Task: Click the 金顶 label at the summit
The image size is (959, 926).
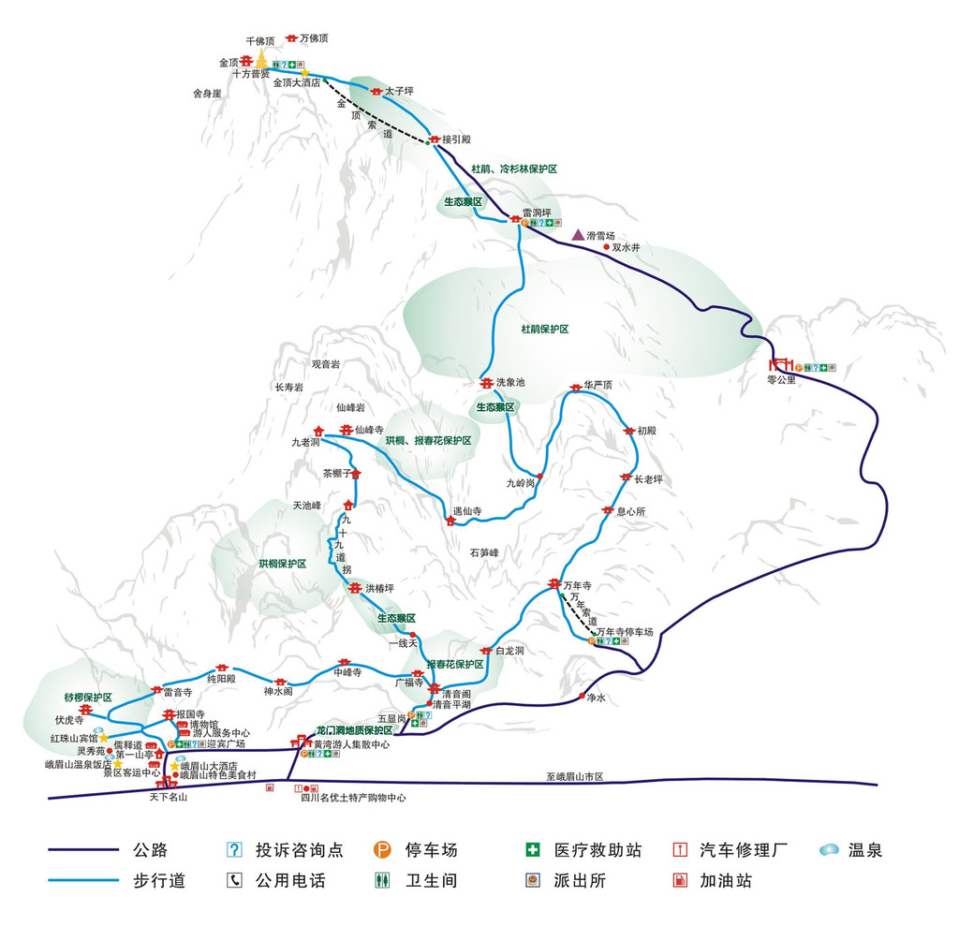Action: click(x=229, y=63)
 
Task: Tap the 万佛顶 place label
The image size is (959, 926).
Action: click(x=316, y=38)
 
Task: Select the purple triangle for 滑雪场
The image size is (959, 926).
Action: click(x=577, y=232)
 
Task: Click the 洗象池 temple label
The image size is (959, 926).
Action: click(x=510, y=382)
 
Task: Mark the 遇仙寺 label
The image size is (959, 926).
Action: click(x=467, y=511)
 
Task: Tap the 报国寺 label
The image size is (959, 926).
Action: click(x=190, y=713)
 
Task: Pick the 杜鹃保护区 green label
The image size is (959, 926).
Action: click(x=545, y=330)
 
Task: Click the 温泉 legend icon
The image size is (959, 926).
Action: click(x=829, y=850)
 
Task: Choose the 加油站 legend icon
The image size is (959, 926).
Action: click(x=681, y=881)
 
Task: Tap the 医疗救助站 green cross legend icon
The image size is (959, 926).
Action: click(x=533, y=850)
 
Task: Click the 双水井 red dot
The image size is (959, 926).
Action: click(x=606, y=247)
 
